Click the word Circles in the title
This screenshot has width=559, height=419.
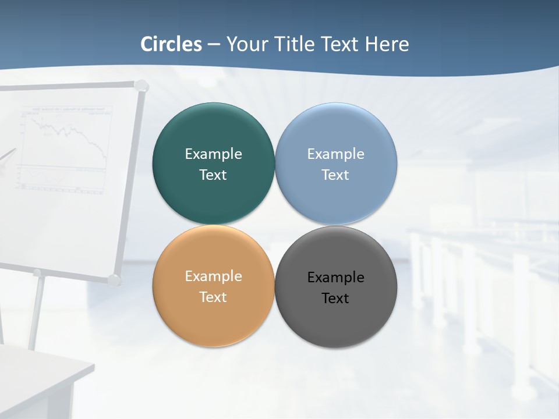[171, 44]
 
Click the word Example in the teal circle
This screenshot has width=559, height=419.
[213, 154]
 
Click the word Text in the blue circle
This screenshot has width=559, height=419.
[335, 175]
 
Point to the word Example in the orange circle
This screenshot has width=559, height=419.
[213, 276]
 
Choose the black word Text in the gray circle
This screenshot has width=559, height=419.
[335, 298]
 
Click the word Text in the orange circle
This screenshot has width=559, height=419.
[213, 297]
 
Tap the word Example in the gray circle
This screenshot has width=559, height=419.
[335, 277]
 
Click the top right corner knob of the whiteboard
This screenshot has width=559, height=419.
[141, 86]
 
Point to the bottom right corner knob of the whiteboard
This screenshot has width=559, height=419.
[115, 280]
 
